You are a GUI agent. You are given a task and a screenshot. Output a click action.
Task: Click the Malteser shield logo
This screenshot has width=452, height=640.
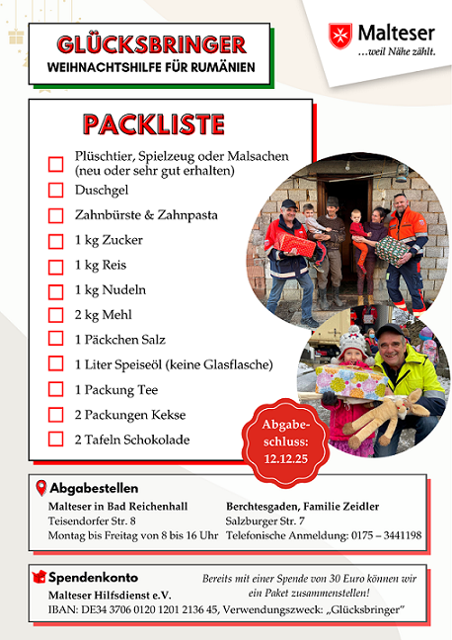coord(341,37)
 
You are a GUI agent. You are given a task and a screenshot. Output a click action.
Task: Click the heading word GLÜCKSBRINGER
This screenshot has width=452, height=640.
coord(152,44)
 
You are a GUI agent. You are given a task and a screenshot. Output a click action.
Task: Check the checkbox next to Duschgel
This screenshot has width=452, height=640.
coord(55,190)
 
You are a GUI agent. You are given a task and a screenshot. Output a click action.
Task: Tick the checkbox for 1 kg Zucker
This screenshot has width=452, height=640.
coord(55,240)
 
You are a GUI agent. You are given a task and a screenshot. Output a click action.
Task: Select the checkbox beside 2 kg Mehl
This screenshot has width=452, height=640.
coord(55,315)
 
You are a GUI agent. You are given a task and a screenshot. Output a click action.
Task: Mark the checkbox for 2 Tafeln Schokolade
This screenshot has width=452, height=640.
coord(55,440)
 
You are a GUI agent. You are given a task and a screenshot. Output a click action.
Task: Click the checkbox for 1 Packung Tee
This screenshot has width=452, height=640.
coord(55,390)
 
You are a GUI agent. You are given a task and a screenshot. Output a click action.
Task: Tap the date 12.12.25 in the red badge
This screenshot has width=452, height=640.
coord(286,459)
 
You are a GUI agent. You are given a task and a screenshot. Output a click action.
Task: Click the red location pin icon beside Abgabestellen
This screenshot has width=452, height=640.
coord(39,488)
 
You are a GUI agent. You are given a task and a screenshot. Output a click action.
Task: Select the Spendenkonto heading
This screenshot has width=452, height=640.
coord(94,577)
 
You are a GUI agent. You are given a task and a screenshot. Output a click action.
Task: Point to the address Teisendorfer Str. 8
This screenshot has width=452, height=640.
coord(92,520)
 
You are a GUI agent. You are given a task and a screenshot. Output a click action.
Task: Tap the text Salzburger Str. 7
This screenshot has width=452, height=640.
coord(264,520)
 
